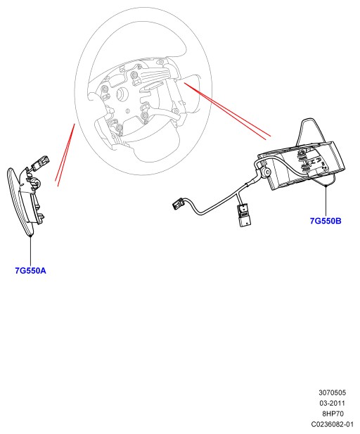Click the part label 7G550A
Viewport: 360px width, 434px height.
point(30,270)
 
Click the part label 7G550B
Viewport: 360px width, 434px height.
point(326,221)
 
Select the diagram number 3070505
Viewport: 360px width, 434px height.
point(332,392)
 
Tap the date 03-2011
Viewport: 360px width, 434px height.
point(332,403)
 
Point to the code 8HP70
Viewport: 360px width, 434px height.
point(333,414)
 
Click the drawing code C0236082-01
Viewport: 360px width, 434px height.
point(332,424)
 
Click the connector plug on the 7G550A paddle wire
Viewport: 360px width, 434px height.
point(40,161)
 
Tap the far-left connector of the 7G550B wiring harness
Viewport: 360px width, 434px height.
point(178,204)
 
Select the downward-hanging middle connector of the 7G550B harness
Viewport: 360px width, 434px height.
point(244,215)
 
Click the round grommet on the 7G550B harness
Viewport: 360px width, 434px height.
point(266,173)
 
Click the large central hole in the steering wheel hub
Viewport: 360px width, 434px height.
point(122,94)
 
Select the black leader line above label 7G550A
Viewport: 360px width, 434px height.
point(30,250)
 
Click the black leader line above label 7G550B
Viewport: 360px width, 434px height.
point(326,200)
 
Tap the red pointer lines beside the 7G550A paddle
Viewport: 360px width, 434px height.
point(65,155)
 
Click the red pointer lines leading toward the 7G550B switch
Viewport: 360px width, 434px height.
point(227,110)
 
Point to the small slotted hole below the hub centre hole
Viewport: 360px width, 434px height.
point(127,111)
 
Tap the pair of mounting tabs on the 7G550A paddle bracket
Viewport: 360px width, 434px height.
point(41,217)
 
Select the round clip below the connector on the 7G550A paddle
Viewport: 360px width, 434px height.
point(35,182)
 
